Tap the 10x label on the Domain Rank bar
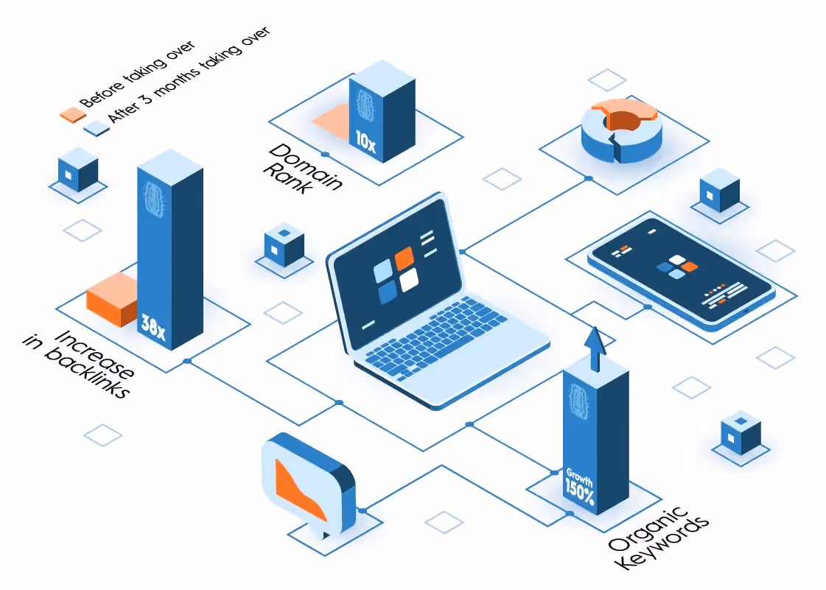[365, 141]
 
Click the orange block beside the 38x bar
[112, 299]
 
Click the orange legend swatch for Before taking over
[73, 115]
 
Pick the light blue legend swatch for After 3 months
[97, 129]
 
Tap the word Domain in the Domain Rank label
[306, 166]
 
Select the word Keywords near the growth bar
[662, 543]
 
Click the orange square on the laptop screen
[404, 258]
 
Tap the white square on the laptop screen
[409, 280]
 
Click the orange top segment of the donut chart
[625, 112]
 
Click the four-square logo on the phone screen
[677, 267]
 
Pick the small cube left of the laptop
[284, 245]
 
